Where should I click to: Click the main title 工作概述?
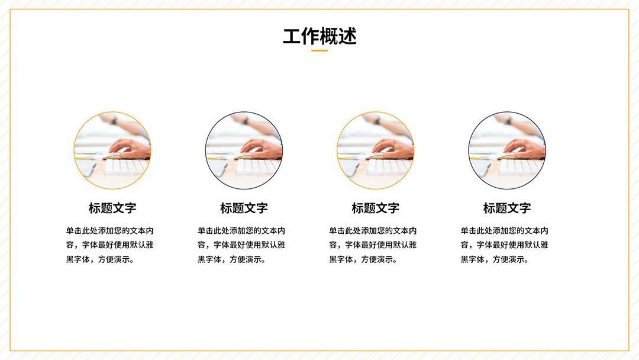(319, 36)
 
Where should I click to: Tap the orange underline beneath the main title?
(319, 50)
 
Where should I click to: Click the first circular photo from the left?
(112, 150)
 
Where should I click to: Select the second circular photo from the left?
(244, 150)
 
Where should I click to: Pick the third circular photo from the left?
(375, 150)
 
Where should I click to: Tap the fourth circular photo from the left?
(507, 150)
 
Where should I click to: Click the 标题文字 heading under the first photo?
(112, 208)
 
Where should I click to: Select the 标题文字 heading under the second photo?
(244, 208)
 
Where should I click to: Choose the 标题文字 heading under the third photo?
(376, 208)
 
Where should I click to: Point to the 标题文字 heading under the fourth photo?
(508, 208)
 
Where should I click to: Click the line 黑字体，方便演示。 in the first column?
(100, 259)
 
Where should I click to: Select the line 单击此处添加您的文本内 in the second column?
(241, 231)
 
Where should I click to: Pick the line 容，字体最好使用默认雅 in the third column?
(373, 245)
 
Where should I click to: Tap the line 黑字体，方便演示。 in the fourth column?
(495, 259)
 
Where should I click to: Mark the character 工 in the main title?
(292, 37)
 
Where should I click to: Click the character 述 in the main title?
(348, 37)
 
